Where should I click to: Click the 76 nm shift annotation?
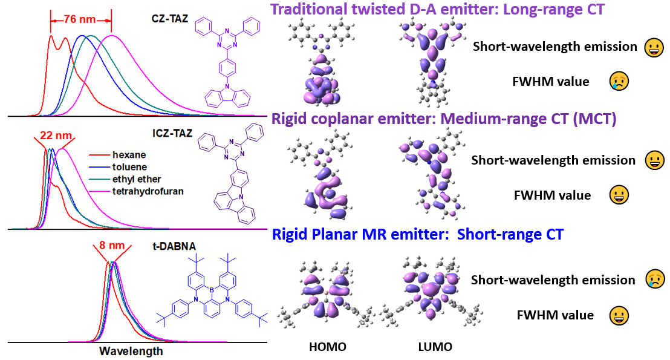point(79,20)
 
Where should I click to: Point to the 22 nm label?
point(56,136)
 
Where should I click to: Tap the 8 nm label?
point(111,245)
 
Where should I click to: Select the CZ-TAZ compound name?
point(170,19)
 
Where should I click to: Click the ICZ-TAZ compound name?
point(172,133)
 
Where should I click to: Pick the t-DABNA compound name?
point(174,246)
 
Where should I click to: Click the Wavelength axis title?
point(131,351)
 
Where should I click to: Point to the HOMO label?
point(327,347)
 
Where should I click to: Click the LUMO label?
point(435,347)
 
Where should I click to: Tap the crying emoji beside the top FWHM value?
point(619,81)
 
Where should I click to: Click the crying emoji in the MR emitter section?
point(655,279)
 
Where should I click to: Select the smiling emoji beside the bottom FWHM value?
point(619,316)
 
